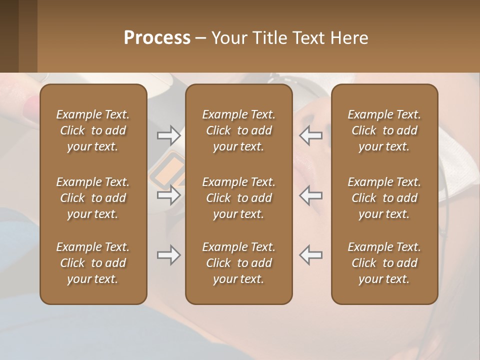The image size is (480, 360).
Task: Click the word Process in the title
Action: pos(157,38)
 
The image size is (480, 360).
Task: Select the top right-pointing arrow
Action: pos(168,135)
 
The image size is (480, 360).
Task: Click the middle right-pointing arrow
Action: pos(168,195)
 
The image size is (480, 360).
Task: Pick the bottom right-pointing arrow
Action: pos(168,255)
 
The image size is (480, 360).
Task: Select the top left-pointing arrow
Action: pos(311,135)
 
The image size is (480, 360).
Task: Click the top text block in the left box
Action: pos(93,130)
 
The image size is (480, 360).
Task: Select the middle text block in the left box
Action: pos(93,198)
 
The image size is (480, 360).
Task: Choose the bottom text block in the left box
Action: pos(93,263)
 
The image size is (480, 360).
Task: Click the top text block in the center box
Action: pos(238,130)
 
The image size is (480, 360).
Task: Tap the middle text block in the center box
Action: pos(238,198)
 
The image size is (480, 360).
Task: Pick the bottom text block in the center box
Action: pos(238,263)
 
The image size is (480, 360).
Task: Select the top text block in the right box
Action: pos(384,130)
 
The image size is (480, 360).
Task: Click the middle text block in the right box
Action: pos(384,198)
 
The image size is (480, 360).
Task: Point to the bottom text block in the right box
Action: pos(384,263)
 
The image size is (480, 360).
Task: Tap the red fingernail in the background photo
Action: pos(32,106)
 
